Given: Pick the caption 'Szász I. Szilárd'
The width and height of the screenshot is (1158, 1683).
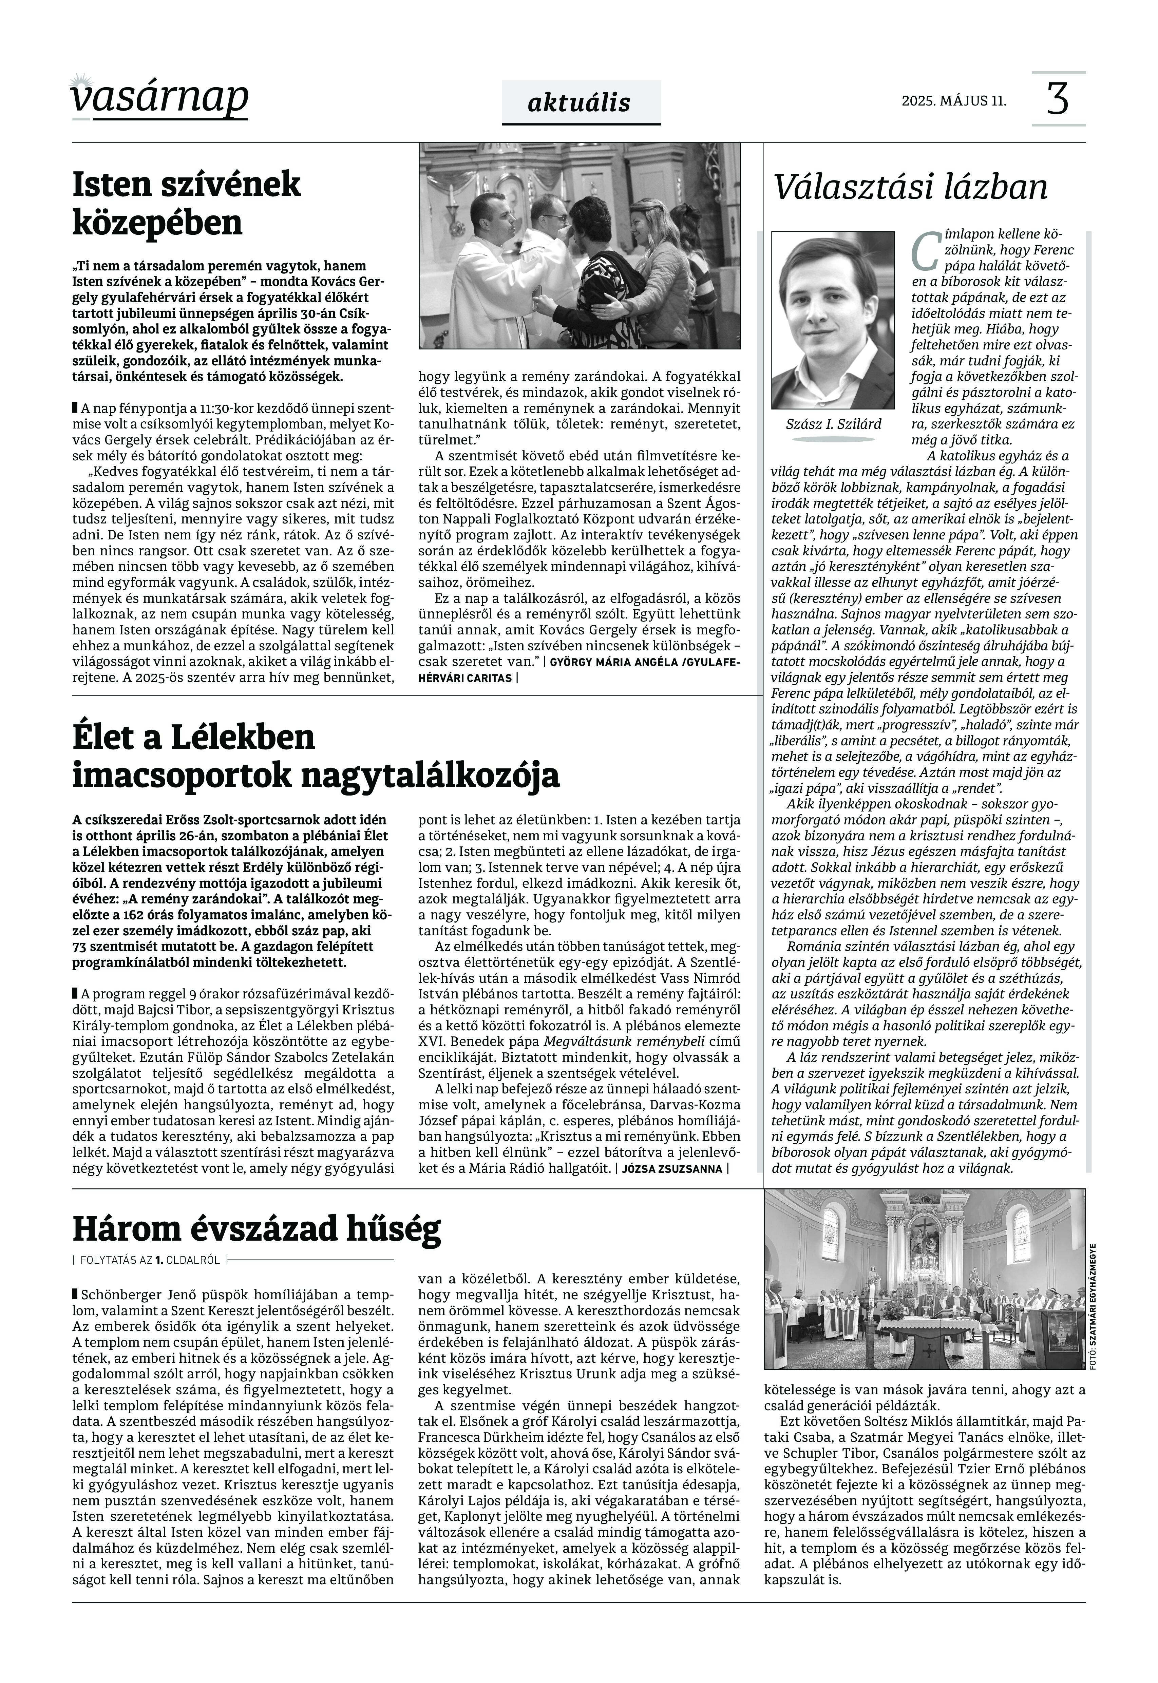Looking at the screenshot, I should click(833, 424).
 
